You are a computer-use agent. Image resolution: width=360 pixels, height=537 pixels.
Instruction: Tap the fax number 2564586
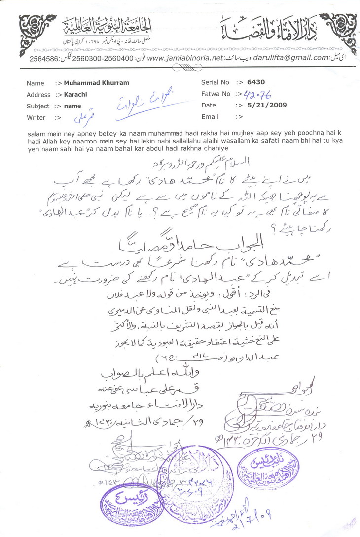point(43,58)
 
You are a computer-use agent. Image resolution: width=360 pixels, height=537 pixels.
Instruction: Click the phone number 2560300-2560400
point(104,58)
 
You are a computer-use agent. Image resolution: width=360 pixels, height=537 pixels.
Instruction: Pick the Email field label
point(210,117)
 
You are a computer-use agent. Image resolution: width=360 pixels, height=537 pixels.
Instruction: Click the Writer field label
point(36,118)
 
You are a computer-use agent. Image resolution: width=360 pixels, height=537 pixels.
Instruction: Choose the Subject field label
point(38,106)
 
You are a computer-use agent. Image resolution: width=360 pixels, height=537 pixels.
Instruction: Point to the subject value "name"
point(72,106)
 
